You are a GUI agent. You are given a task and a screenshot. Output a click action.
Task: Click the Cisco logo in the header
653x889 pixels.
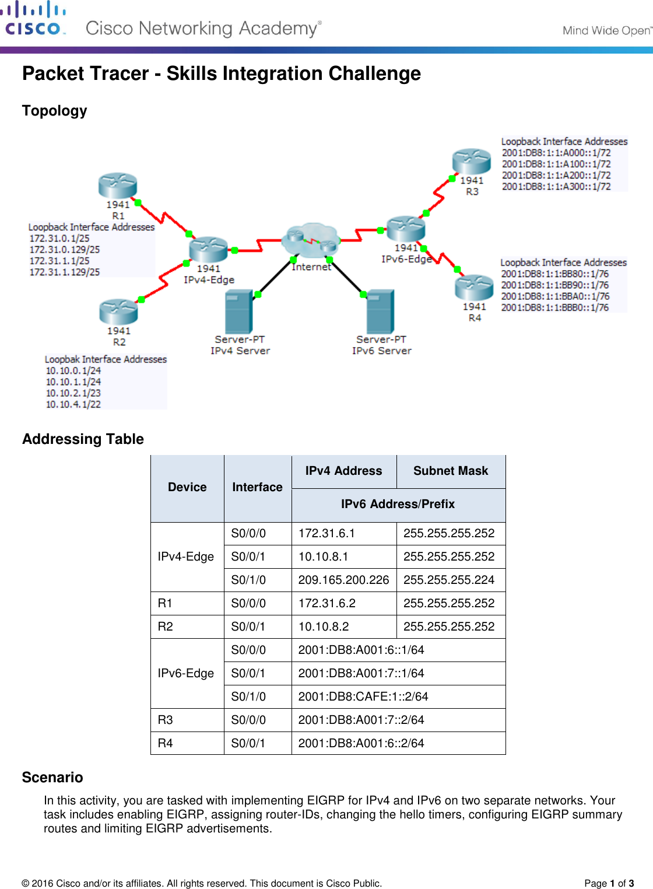point(33,19)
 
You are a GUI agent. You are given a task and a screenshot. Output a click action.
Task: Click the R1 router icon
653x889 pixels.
point(118,185)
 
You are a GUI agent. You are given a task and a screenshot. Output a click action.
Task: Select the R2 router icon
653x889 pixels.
point(118,311)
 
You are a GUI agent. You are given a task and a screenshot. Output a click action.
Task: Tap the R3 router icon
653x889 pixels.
point(472,161)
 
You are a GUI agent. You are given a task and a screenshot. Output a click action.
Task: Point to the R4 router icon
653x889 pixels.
point(474,287)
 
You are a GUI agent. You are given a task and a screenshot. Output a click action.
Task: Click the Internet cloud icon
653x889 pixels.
point(311,240)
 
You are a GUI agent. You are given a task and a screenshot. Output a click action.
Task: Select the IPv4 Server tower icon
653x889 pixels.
point(239,311)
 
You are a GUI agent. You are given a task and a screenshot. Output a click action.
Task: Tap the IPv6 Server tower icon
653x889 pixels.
point(380,311)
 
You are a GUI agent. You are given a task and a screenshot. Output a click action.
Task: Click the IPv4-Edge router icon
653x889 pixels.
point(208,249)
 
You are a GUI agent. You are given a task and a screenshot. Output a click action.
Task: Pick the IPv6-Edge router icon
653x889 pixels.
point(406,228)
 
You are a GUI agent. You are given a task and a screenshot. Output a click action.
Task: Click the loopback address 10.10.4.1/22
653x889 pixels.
point(73,404)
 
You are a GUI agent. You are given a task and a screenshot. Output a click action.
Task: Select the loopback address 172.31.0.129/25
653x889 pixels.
point(65,250)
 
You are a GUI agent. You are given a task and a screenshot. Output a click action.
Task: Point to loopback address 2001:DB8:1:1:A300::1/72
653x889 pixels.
point(556,187)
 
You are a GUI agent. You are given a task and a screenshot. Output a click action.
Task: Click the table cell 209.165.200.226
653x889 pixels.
point(343,580)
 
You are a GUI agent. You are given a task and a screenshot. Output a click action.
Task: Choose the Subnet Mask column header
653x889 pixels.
point(451,471)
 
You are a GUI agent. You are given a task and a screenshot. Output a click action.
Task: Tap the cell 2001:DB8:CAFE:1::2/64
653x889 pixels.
point(363,696)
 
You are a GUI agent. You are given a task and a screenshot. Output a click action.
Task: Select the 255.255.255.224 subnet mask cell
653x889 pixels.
point(449,580)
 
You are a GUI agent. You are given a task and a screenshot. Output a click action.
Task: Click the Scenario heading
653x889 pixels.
point(52,778)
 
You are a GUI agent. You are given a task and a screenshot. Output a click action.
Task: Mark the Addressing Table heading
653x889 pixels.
point(83,439)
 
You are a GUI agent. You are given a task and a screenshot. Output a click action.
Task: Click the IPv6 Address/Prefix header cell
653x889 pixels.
point(398,504)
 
